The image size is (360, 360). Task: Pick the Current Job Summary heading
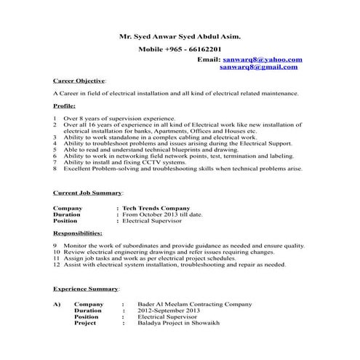pos(88,193)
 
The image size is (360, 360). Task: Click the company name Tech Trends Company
pos(156,207)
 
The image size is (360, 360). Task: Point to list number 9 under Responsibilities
pos(55,246)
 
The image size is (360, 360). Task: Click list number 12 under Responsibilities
pos(56,265)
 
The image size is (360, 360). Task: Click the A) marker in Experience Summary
pos(57,304)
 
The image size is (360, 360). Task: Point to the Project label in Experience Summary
pos(86,324)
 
